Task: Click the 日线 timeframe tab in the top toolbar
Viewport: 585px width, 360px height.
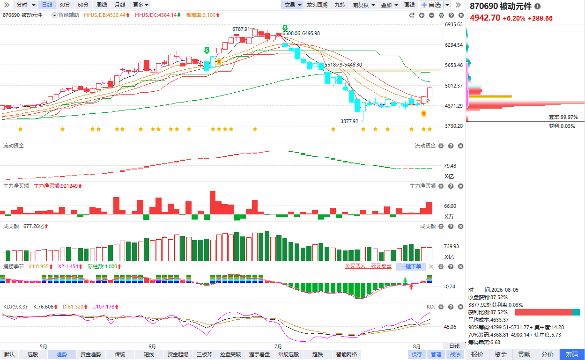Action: [47, 5]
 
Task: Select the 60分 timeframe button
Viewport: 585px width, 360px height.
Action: [83, 5]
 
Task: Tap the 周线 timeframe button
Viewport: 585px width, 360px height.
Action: [101, 5]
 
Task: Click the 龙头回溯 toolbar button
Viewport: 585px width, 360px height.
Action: [317, 5]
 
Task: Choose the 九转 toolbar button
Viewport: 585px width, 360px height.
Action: [340, 5]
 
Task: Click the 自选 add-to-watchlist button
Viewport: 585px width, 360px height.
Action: [431, 5]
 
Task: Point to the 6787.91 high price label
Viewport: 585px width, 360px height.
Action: [241, 29]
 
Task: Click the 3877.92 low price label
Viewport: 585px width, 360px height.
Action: [349, 121]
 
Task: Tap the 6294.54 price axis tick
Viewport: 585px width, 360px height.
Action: [454, 45]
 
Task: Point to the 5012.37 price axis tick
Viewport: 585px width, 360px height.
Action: [454, 86]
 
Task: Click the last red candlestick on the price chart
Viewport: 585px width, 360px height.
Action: [429, 93]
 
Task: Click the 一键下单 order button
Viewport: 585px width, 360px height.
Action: [411, 266]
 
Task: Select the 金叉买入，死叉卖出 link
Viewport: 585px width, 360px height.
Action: [368, 266]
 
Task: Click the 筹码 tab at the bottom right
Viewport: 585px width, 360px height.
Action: [572, 354]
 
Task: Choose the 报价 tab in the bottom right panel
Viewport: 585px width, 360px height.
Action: [477, 354]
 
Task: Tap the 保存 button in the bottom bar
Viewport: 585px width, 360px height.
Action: [416, 354]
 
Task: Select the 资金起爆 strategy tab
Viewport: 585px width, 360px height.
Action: [178, 354]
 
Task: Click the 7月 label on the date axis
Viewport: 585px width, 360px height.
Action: [278, 346]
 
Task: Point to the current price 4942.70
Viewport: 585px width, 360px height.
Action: [485, 18]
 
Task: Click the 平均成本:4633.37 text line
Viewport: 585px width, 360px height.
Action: [489, 320]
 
